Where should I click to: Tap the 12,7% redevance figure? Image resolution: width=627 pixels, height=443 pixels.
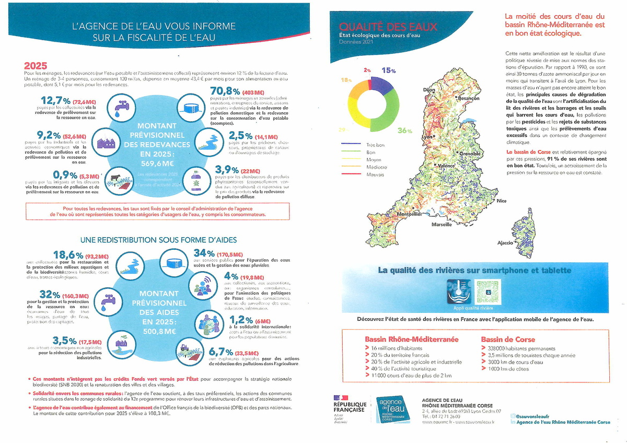pyautogui.click(x=55, y=100)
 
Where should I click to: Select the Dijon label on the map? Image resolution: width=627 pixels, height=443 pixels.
pyautogui.click(x=429, y=90)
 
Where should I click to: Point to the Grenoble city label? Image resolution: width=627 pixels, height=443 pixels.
pyautogui.click(x=469, y=154)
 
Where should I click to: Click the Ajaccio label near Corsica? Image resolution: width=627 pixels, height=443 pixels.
pyautogui.click(x=505, y=243)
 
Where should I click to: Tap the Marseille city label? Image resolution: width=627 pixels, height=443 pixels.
pyautogui.click(x=442, y=224)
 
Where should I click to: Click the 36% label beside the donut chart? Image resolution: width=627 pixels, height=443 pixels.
pyautogui.click(x=404, y=131)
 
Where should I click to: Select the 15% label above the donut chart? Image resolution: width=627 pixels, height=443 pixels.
pyautogui.click(x=389, y=71)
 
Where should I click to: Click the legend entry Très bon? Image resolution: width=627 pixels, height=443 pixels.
pyautogui.click(x=375, y=145)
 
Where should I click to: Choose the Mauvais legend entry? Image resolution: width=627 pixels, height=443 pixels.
pyautogui.click(x=375, y=174)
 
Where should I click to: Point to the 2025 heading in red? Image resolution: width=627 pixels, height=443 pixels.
pyautogui.click(x=36, y=66)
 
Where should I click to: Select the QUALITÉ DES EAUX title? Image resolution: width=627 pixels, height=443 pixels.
pyautogui.click(x=388, y=27)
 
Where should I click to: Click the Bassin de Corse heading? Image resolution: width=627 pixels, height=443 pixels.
pyautogui.click(x=508, y=339)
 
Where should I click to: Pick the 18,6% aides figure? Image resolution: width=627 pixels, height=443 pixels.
pyautogui.click(x=68, y=255)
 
